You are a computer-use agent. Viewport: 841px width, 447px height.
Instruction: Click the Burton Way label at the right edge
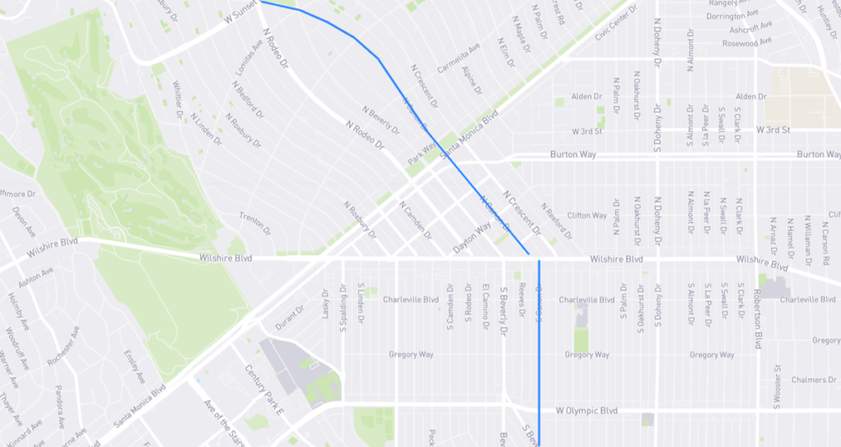pyautogui.click(x=819, y=154)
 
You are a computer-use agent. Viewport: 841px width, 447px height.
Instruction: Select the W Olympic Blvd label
pyautogui.click(x=586, y=410)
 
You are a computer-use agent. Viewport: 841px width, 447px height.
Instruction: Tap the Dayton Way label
pyautogui.click(x=471, y=238)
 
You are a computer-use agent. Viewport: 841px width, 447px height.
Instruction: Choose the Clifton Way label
pyautogui.click(x=586, y=216)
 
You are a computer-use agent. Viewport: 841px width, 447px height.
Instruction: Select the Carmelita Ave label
pyautogui.click(x=458, y=58)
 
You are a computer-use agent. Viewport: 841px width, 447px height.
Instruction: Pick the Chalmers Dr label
pyautogui.click(x=813, y=380)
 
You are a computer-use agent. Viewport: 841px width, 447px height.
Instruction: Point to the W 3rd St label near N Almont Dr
pyautogui.click(x=774, y=130)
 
